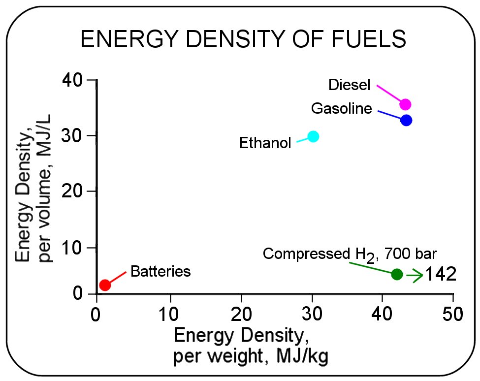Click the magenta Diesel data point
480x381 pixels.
click(405, 104)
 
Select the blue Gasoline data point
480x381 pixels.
click(406, 120)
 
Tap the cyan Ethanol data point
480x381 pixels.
click(313, 136)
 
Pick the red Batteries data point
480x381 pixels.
click(105, 285)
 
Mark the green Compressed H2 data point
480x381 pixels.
click(397, 274)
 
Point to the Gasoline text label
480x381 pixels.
click(342, 109)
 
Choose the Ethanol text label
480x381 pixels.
click(265, 143)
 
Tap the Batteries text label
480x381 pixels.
click(160, 271)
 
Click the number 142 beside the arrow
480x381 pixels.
click(441, 275)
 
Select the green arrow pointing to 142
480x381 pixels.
click(415, 276)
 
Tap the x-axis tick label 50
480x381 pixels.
click(452, 314)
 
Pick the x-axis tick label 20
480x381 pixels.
click(241, 314)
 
